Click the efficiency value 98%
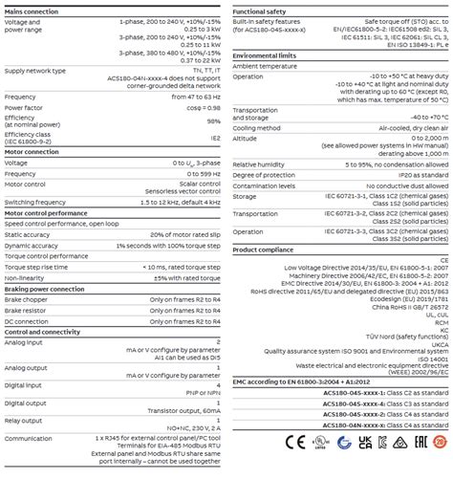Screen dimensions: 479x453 214,121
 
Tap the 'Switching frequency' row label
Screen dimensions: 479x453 34,202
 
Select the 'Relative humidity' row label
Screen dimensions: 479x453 258,163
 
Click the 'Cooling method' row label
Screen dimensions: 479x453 255,127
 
